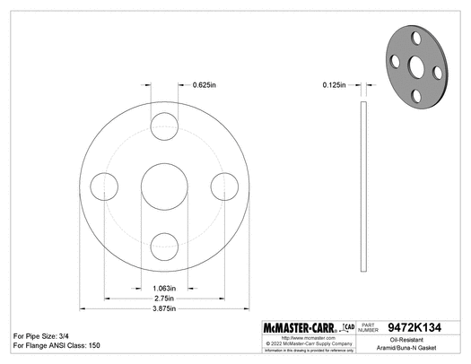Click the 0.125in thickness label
pos(336,85)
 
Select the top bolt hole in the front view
pos(164,127)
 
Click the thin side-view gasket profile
pos(363,187)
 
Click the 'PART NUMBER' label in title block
pos(370,328)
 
